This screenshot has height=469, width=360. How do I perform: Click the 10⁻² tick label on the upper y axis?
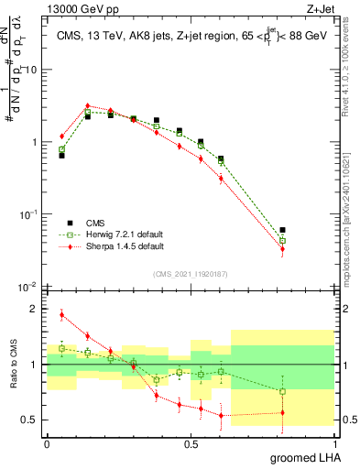click(x=28, y=287)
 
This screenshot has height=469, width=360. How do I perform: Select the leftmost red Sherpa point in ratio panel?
click(x=61, y=315)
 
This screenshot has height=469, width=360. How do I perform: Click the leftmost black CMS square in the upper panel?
click(x=61, y=156)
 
